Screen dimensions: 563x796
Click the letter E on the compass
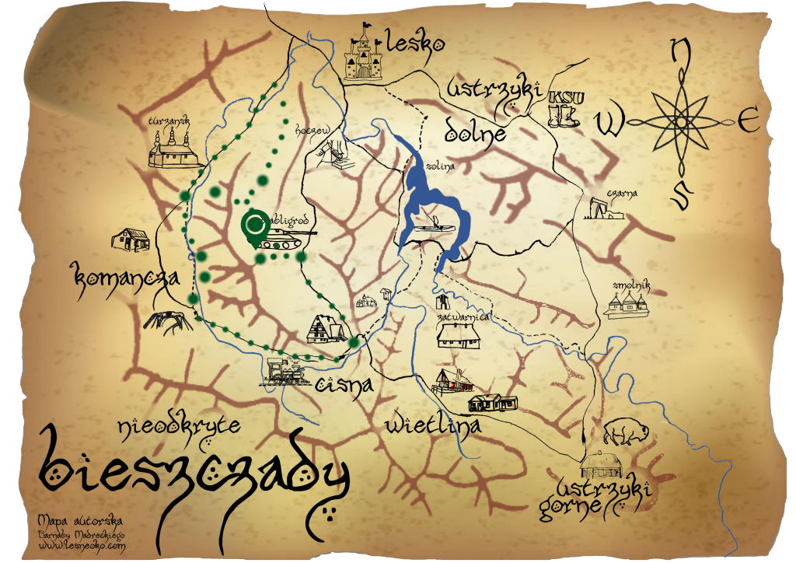[x=748, y=122]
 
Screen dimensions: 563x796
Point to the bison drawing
[x=621, y=430]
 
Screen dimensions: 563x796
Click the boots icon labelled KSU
[x=564, y=110]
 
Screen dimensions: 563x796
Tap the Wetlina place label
[x=432, y=425]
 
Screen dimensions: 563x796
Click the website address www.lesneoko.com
[x=82, y=547]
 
